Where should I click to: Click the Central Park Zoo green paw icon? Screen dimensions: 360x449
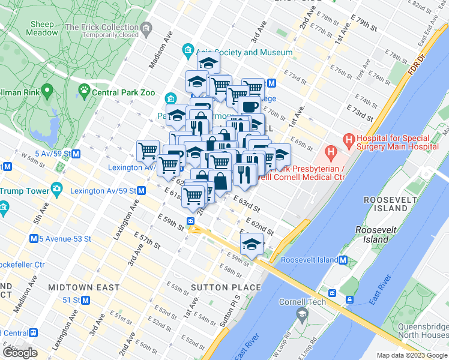84,92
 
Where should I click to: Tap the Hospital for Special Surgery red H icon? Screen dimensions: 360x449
349,141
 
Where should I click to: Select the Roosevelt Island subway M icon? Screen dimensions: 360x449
343,260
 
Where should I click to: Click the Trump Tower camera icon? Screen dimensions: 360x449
56,188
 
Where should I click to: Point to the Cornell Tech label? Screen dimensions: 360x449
303,302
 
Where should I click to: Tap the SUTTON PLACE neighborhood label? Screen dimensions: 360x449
226,287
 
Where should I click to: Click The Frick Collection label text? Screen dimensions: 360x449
102,27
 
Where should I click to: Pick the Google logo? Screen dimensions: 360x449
20,353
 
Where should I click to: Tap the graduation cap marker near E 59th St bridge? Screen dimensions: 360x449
252,244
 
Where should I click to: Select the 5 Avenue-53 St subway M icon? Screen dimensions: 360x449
34,239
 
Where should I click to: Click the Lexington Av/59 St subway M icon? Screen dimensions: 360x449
142,191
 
